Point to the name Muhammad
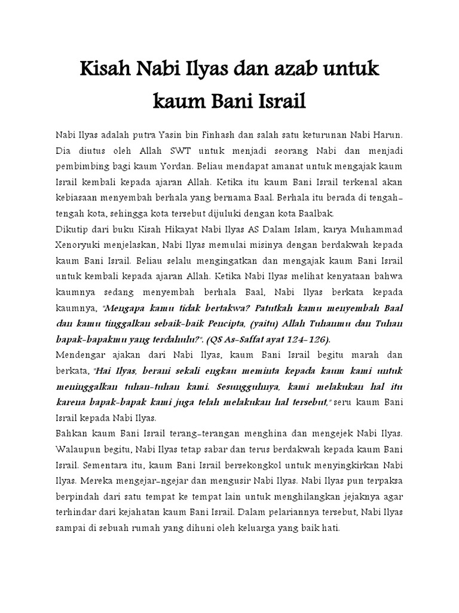377,229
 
